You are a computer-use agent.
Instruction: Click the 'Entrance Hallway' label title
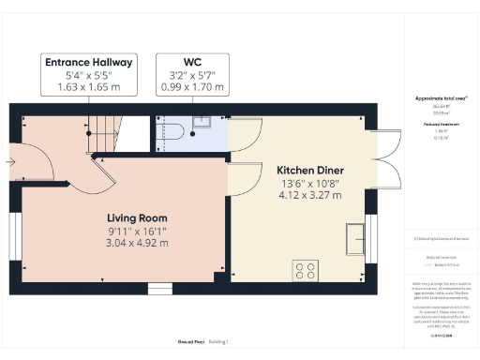tap(90, 62)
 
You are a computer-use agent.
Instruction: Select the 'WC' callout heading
tap(190, 62)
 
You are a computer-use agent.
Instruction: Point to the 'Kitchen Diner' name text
tap(307, 171)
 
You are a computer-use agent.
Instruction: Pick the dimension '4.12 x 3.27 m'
tap(307, 197)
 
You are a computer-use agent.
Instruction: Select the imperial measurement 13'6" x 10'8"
tap(307, 184)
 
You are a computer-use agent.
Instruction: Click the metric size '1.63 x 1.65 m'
tap(90, 88)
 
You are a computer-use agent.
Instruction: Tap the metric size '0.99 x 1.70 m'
tap(190, 88)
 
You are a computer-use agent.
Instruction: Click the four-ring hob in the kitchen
tap(306, 272)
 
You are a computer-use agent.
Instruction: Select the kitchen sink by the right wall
tap(355, 238)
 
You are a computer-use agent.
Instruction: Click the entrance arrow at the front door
tap(11, 161)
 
